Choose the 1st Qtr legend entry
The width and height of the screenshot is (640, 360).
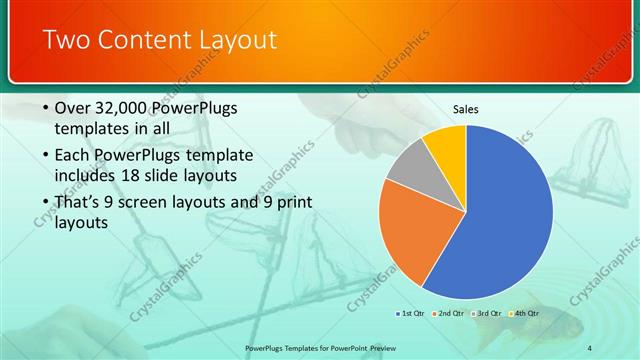click(x=411, y=314)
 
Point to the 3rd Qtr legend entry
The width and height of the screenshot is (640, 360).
click(x=488, y=314)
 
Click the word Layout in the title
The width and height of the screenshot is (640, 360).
click(x=233, y=41)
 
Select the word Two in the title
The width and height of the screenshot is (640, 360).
click(x=67, y=41)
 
